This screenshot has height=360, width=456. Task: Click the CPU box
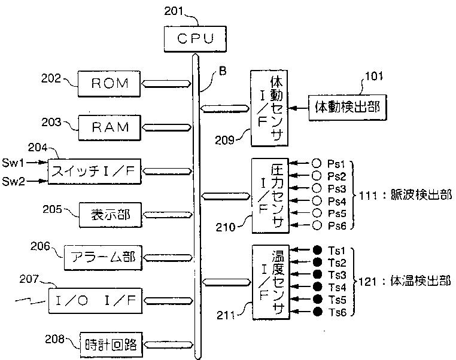pyautogui.click(x=195, y=39)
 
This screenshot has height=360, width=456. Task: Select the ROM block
pyautogui.click(x=109, y=84)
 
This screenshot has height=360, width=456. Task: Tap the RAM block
pyautogui.click(x=110, y=127)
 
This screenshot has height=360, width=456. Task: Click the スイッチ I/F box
pyautogui.click(x=95, y=172)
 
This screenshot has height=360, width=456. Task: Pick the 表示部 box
pyautogui.click(x=111, y=215)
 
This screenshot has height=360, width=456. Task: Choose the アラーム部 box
pyautogui.click(x=103, y=258)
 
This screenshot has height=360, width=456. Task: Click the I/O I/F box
pyautogui.click(x=95, y=301)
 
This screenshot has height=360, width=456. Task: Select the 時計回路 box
pyautogui.click(x=111, y=345)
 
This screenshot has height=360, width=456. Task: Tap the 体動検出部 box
pyautogui.click(x=348, y=108)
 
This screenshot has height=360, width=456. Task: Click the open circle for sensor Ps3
pyautogui.click(x=317, y=188)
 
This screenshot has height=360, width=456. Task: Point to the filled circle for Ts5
pyautogui.click(x=317, y=299)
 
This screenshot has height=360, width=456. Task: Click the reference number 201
pyautogui.click(x=174, y=11)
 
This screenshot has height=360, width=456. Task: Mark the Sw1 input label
pyautogui.click(x=13, y=163)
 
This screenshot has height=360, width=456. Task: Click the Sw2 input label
pyautogui.click(x=13, y=181)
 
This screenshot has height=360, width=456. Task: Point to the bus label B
pyautogui.click(x=223, y=71)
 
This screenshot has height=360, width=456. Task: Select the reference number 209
pyautogui.click(x=224, y=141)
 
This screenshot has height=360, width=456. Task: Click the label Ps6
pyautogui.click(x=337, y=226)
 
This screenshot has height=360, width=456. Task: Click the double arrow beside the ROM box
pyautogui.click(x=166, y=84)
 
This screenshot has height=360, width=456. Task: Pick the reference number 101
pyautogui.click(x=374, y=76)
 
